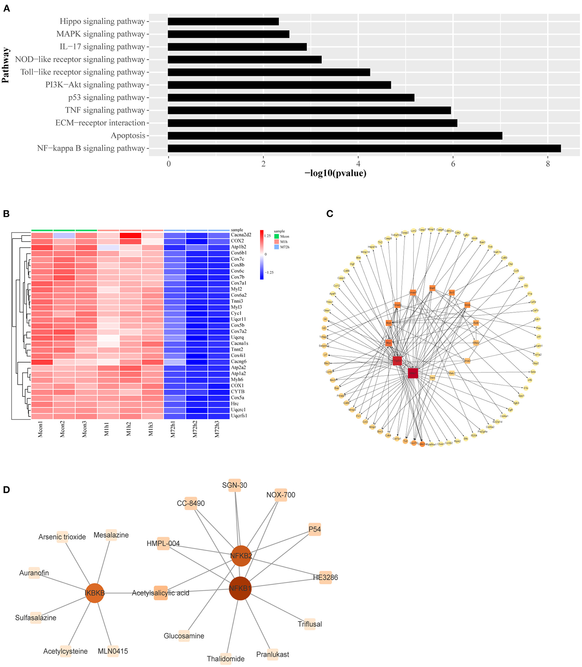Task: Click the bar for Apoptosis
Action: [x=335, y=135]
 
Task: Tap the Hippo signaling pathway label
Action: [x=102, y=21]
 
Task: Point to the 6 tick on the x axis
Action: [x=453, y=164]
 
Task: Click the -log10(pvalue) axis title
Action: [x=335, y=173]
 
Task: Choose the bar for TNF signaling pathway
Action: [x=309, y=110]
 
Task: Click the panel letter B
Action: [x=6, y=214]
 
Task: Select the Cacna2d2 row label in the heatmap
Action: [x=241, y=235]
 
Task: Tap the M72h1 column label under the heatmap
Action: [x=173, y=429]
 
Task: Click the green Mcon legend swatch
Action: [x=277, y=236]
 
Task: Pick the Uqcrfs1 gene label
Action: [x=239, y=416]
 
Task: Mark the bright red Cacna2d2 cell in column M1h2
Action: [x=130, y=235]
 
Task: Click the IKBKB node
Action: [x=95, y=593]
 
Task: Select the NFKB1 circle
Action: [x=240, y=588]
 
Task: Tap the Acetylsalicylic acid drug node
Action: [x=161, y=593]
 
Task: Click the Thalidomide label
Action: [x=226, y=658]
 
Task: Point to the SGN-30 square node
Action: [x=235, y=485]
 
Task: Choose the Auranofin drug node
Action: [x=34, y=573]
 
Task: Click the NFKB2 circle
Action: [x=241, y=556]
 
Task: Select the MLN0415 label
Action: [x=113, y=651]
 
